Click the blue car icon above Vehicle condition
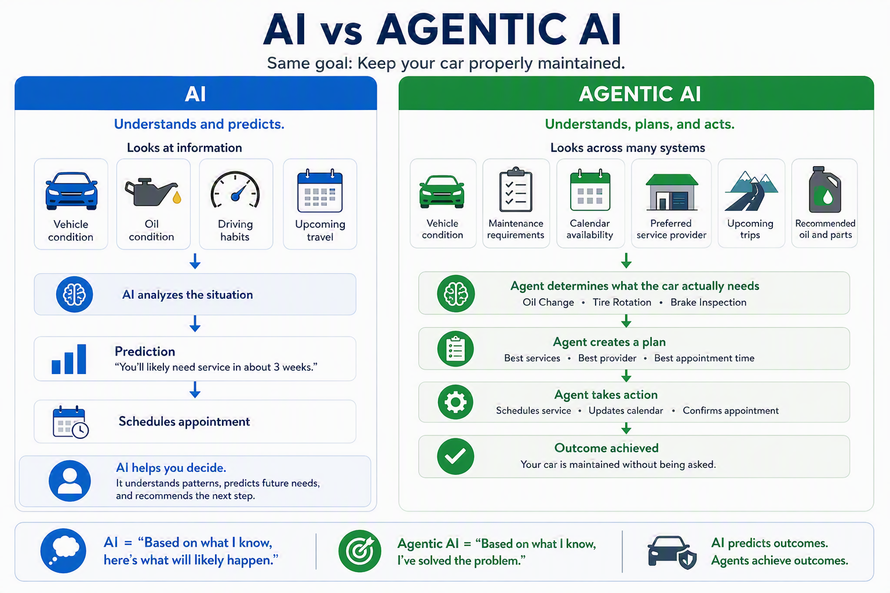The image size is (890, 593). click(x=71, y=191)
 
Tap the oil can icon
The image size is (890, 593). click(x=153, y=192)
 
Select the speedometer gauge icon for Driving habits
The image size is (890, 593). click(x=235, y=191)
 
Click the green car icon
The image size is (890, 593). click(x=442, y=192)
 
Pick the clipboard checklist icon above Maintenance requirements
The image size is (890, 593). click(x=516, y=189)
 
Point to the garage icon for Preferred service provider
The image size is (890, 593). click(x=672, y=192)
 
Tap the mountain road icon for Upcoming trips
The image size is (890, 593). click(x=751, y=191)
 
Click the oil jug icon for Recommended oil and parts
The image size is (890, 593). click(x=825, y=189)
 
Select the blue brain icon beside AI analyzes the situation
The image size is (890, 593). click(x=74, y=294)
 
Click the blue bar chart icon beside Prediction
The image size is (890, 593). click(x=69, y=359)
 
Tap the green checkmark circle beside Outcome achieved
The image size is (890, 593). click(x=455, y=456)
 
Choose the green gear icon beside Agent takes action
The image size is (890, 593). click(x=455, y=402)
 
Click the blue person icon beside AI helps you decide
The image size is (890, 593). click(x=70, y=481)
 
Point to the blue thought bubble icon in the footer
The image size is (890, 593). click(x=63, y=551)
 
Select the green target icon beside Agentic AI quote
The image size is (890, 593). click(x=360, y=551)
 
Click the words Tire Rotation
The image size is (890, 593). click(x=622, y=302)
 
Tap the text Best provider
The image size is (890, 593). click(x=607, y=358)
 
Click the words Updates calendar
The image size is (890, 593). click(x=626, y=411)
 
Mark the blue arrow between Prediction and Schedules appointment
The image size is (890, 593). click(x=195, y=390)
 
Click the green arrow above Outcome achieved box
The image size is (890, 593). click(x=626, y=428)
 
